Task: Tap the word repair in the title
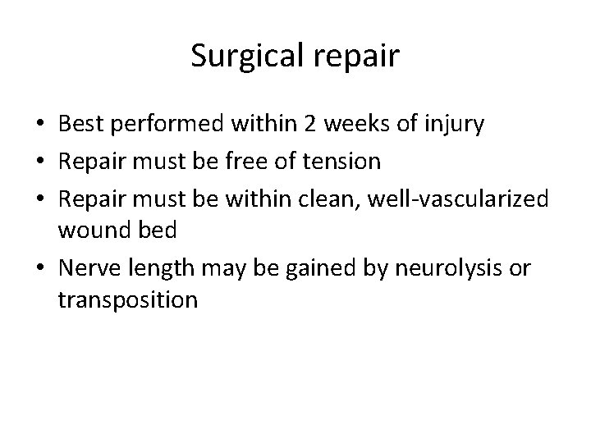[359, 57]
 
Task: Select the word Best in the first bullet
[81, 125]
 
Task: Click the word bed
[158, 230]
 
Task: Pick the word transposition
[128, 300]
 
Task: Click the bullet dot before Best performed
[41, 126]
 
